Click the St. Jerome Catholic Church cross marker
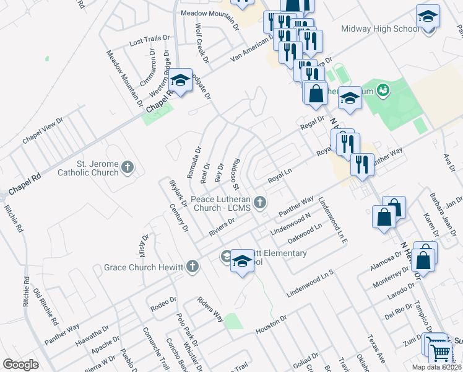128,166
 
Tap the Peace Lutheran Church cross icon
261,201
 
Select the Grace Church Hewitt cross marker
193,267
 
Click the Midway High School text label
380,29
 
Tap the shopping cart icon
440,352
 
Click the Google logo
20,365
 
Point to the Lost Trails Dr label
149,40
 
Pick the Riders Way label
210,307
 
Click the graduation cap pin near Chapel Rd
180,81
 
